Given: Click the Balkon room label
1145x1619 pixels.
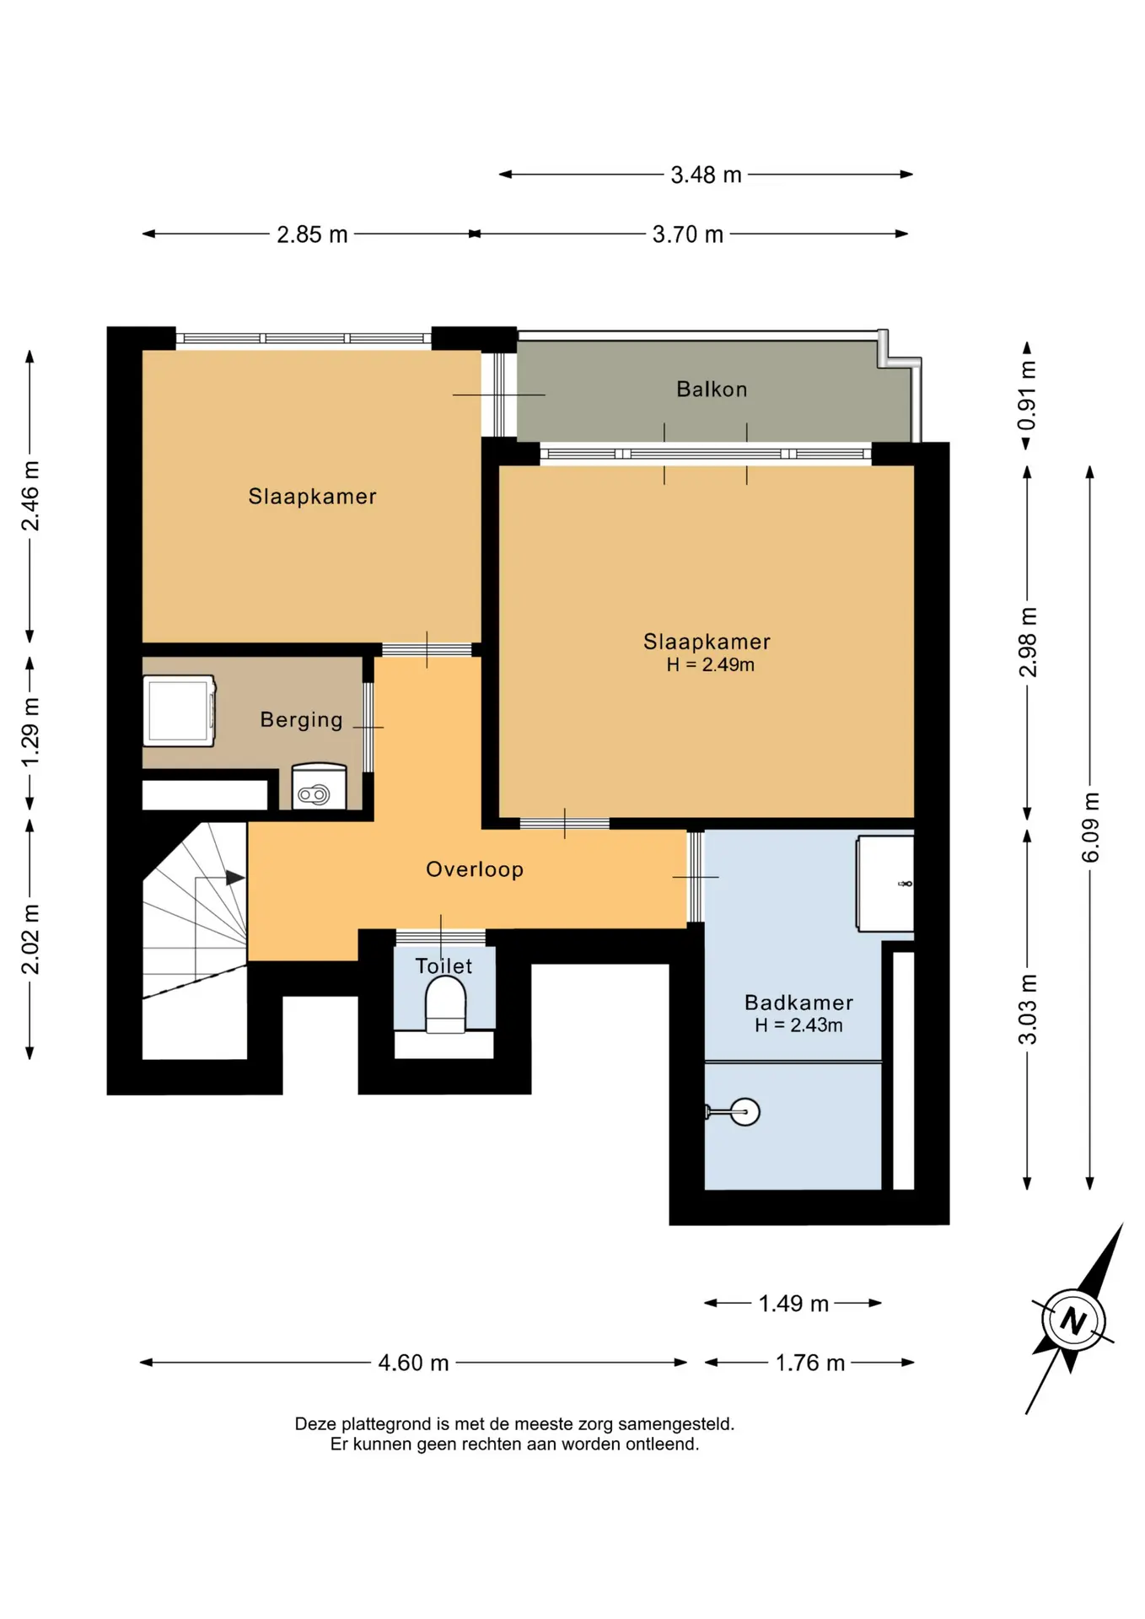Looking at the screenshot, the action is coord(712,389).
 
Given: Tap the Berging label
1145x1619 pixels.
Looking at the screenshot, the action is coord(301,719).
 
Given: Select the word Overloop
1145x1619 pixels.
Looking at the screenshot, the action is coord(475,869).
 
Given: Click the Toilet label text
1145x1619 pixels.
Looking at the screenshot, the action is coord(443,965).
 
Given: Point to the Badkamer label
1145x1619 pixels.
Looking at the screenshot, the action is coord(798,1002).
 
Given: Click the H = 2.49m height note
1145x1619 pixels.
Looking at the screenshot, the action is coord(710,664).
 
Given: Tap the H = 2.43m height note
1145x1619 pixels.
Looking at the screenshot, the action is coord(798,1025).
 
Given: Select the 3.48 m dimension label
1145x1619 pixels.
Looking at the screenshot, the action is coord(706,175).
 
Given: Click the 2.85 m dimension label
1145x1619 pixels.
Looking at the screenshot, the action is coord(312,234).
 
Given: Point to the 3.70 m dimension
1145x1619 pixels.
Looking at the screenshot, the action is coord(688,234).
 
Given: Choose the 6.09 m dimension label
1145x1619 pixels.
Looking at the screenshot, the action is coord(1090,827).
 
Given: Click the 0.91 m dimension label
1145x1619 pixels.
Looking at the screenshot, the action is coord(1027,395).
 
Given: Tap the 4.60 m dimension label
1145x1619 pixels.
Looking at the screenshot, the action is coord(413,1363).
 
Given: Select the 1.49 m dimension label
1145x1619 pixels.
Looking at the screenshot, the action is coord(793,1304).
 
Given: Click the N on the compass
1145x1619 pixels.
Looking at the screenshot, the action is coord(1072,1320).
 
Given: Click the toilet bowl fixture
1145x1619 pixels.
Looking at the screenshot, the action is coord(445,1009).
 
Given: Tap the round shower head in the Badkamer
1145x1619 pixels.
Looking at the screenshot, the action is coord(745,1111).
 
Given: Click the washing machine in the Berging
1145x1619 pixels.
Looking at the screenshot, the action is coord(180,711).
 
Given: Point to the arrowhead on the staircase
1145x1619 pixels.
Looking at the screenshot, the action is coord(235,878).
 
